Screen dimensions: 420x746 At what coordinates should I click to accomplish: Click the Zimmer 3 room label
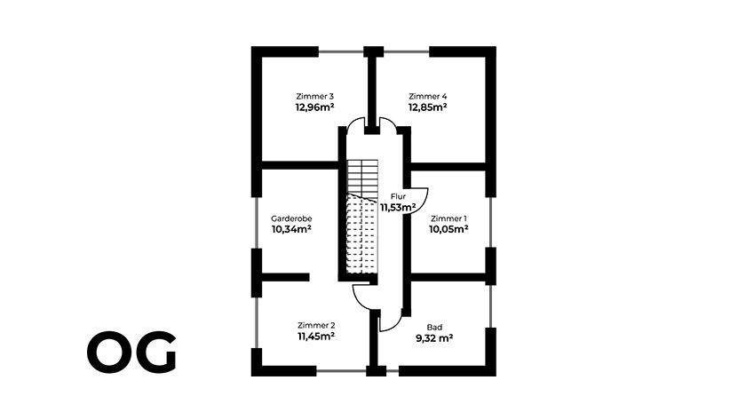tap(314, 96)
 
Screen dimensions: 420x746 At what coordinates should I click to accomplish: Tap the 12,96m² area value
tap(314, 107)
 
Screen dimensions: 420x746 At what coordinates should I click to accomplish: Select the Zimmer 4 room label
tap(427, 96)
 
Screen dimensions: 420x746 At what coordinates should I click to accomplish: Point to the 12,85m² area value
tap(427, 107)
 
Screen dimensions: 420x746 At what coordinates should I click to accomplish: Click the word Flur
tap(398, 197)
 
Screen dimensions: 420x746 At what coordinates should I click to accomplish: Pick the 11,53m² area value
tap(399, 208)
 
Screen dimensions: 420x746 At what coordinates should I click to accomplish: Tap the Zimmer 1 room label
tap(448, 218)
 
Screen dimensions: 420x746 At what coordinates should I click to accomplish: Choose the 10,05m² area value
tap(448, 228)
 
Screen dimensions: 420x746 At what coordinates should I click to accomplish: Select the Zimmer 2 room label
tap(315, 326)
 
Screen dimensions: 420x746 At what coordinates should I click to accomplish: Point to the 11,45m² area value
tap(315, 337)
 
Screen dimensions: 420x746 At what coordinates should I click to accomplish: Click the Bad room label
tap(434, 327)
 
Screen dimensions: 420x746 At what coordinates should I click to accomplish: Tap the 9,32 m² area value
tap(435, 338)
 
